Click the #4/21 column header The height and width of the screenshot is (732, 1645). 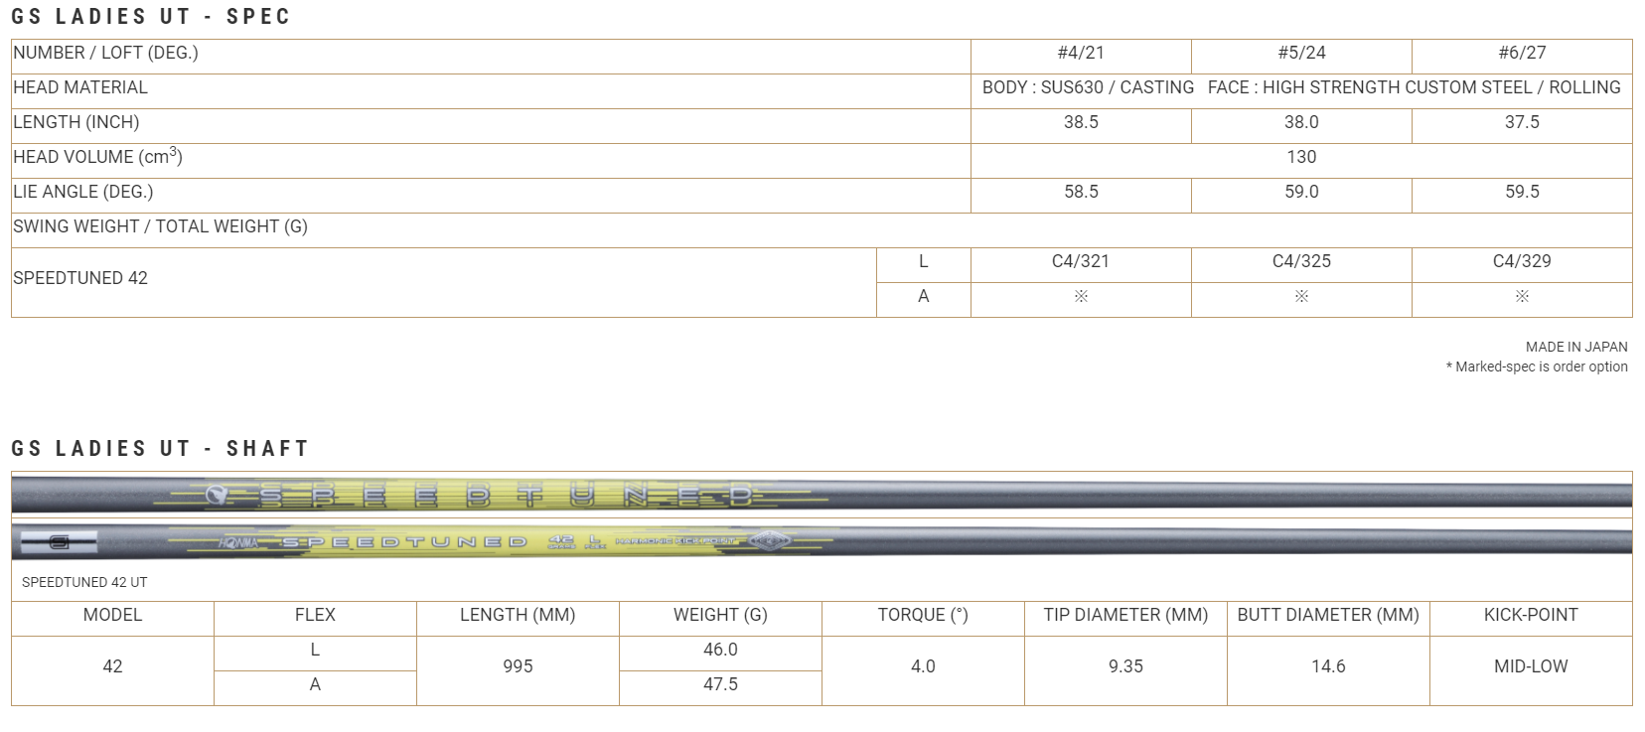click(x=1081, y=54)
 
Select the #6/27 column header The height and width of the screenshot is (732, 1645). click(x=1522, y=54)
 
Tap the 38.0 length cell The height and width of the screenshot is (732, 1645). click(x=1301, y=123)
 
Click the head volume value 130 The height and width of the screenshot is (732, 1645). click(x=1301, y=158)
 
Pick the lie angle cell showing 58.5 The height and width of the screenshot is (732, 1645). click(x=1081, y=193)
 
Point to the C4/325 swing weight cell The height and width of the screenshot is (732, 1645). click(x=1301, y=262)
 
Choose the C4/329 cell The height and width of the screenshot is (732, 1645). click(x=1522, y=262)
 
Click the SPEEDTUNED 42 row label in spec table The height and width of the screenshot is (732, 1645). click(x=80, y=279)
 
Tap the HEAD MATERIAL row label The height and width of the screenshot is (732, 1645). click(x=80, y=88)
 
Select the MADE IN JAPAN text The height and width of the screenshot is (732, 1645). click(x=1576, y=348)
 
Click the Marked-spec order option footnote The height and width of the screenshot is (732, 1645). click(x=1537, y=367)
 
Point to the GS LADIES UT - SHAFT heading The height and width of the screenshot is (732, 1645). click(x=160, y=449)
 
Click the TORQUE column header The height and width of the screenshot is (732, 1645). click(x=923, y=616)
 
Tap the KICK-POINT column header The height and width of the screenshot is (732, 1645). click(x=1531, y=616)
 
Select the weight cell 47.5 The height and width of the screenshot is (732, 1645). click(x=720, y=685)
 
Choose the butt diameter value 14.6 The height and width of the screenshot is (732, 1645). click(x=1328, y=667)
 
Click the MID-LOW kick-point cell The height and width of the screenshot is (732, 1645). click(x=1531, y=667)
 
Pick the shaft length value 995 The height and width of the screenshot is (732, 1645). click(x=518, y=667)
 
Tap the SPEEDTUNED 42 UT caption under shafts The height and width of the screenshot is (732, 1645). click(x=84, y=583)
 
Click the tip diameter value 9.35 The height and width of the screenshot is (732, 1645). click(x=1125, y=667)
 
